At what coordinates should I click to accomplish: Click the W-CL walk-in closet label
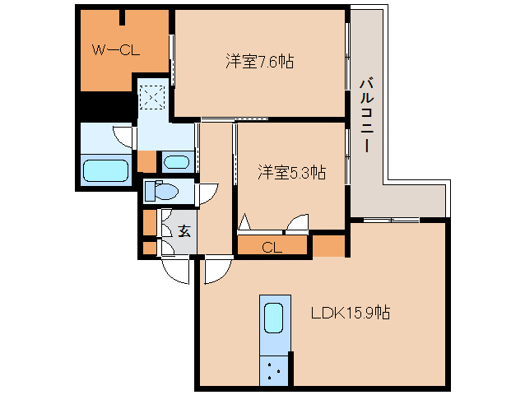115,51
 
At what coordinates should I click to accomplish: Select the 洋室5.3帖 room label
291,172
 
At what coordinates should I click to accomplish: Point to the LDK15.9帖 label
350,314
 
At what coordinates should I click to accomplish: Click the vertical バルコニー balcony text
366,114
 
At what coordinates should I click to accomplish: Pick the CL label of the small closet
272,246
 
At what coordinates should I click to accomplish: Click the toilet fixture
162,192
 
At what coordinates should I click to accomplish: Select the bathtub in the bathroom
107,171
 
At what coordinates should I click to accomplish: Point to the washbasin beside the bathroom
176,161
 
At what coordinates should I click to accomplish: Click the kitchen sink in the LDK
274,317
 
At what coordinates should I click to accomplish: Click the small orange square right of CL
328,245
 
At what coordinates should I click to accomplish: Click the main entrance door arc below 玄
175,267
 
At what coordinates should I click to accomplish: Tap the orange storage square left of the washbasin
146,160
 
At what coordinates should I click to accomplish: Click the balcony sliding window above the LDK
392,219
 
